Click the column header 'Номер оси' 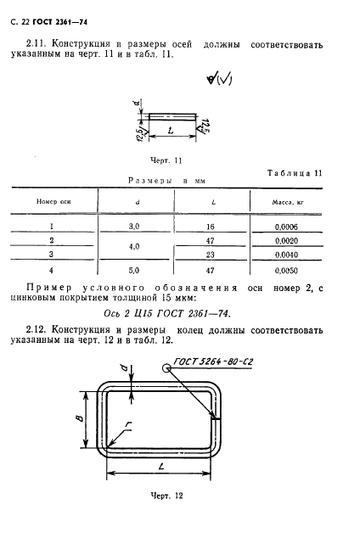50,202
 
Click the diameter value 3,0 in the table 134,227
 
